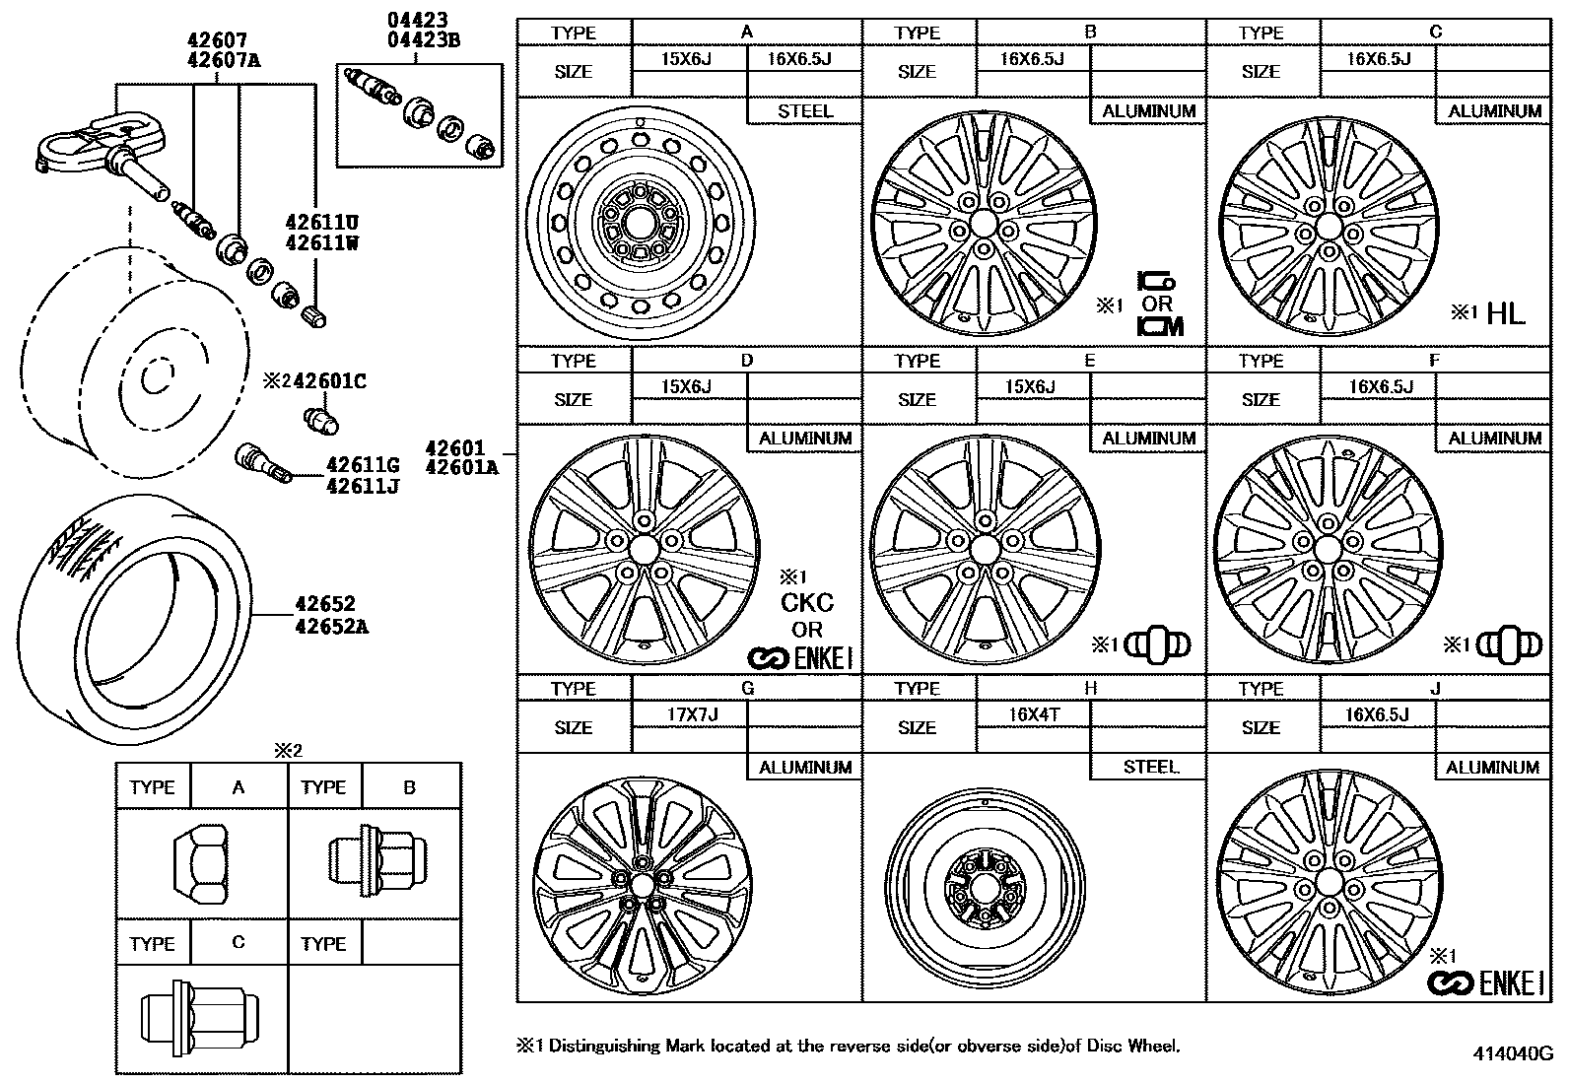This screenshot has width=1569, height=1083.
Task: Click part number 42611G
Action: click(x=363, y=464)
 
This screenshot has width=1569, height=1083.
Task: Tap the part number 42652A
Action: click(x=331, y=626)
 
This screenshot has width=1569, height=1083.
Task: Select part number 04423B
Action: click(x=424, y=40)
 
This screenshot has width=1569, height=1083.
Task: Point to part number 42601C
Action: click(x=329, y=381)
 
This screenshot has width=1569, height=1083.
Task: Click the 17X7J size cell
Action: click(x=692, y=714)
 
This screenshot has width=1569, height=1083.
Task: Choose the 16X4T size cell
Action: click(x=1034, y=714)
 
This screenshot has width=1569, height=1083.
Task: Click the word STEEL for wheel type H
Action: click(x=1151, y=767)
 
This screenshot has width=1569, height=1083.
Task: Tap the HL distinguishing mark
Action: click(x=1505, y=313)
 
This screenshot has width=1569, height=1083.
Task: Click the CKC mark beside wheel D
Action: click(x=807, y=602)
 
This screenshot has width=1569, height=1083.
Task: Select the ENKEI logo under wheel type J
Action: click(x=1485, y=983)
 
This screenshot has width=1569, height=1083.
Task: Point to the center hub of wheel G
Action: click(x=641, y=886)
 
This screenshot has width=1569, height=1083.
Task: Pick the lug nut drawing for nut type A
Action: click(x=200, y=863)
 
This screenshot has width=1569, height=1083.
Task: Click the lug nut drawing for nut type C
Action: click(x=200, y=1018)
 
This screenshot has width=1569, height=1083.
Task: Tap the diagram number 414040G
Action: click(x=1513, y=1053)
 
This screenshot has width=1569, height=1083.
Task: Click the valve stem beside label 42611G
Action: click(x=263, y=463)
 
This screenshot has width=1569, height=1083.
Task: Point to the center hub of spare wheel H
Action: click(x=985, y=887)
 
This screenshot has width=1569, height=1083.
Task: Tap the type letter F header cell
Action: click(x=1435, y=360)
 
